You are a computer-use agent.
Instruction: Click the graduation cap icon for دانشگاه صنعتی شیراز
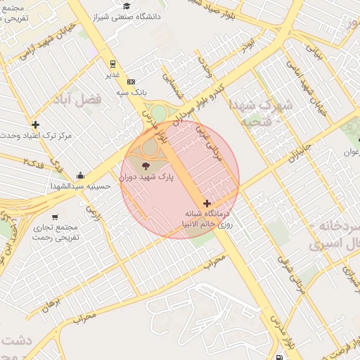pos(126,6)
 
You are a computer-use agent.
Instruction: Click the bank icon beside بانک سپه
pos(131,82)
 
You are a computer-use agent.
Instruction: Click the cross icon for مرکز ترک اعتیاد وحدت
pos(35,124)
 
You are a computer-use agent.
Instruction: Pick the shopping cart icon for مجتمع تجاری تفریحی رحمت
pos(55,216)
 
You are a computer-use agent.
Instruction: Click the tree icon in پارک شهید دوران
pos(146,166)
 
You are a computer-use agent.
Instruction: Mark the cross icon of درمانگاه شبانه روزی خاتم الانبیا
pos(206,203)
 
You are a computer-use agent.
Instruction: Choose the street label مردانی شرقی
pos(291,274)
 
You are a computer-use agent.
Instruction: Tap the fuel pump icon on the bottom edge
pos(281,356)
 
